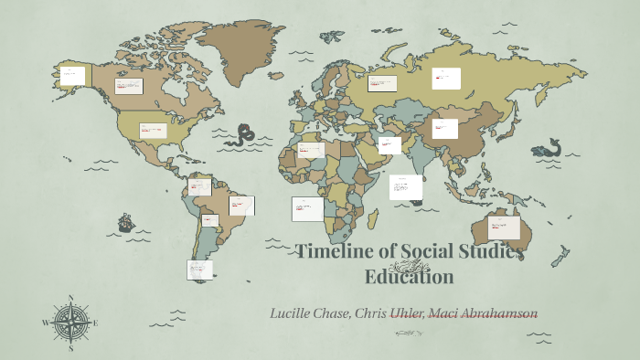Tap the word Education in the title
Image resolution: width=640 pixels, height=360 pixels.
tap(409, 277)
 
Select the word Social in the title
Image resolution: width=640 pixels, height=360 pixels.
tap(435, 253)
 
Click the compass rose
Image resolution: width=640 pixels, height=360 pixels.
tap(70, 323)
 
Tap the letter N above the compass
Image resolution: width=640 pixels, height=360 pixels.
tap(70, 297)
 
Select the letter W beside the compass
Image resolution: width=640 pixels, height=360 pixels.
tap(45, 323)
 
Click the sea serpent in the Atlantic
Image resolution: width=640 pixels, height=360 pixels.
tap(242, 137)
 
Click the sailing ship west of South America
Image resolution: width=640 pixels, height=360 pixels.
tap(126, 222)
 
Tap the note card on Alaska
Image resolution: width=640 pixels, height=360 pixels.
tap(72, 75)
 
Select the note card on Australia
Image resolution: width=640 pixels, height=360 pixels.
tap(504, 228)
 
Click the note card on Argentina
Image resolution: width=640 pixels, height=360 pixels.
tap(200, 269)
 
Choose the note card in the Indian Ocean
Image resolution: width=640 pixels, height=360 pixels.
tap(405, 187)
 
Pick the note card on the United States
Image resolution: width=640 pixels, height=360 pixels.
tap(153, 130)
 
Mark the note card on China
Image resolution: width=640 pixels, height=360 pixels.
tap(445, 128)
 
